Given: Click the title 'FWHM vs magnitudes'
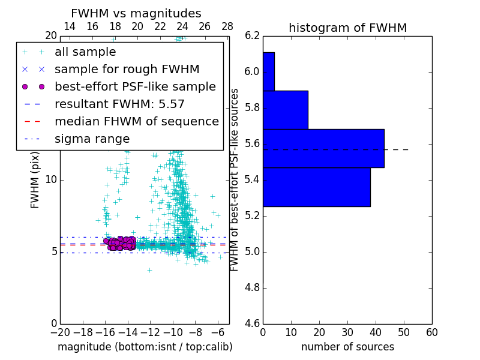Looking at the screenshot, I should tap(136, 14).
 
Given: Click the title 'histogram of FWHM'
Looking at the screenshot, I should tap(347, 28).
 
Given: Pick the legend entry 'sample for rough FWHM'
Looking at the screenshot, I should tap(127, 69).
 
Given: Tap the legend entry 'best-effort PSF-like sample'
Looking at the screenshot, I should tap(135, 86).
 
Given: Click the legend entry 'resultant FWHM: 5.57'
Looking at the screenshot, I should tap(119, 104).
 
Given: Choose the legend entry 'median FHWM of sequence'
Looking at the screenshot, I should tap(136, 121).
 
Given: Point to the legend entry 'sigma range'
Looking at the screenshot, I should tap(92, 139).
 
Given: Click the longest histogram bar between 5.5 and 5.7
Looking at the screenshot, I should tap(323, 148).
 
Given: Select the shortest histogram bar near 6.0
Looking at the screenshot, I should tap(269, 71).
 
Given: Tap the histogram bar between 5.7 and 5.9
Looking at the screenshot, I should tap(286, 110).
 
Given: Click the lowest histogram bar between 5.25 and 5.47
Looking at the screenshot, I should tap(317, 187).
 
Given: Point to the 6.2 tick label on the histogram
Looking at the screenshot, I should tap(253, 36).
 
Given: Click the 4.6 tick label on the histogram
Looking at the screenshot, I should tap(253, 323).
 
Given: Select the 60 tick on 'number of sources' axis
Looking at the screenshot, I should tap(431, 332).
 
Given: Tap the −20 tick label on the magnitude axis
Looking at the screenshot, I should tap(60, 332).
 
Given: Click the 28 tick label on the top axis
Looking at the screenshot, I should tap(227, 26).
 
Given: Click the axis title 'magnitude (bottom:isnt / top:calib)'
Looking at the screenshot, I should tap(145, 347).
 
